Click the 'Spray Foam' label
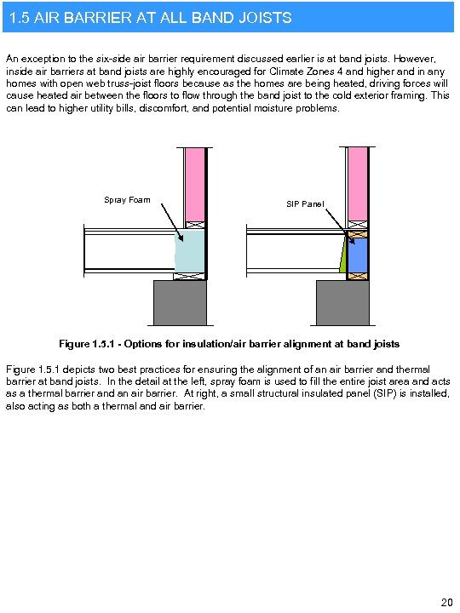tap(127, 200)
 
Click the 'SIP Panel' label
tap(305, 204)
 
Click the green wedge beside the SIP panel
tap(343, 256)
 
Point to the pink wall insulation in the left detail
tap(195, 183)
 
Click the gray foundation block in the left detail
tap(180, 302)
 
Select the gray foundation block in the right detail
tap(342, 302)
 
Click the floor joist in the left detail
tap(128, 252)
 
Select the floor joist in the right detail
tap(290, 252)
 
